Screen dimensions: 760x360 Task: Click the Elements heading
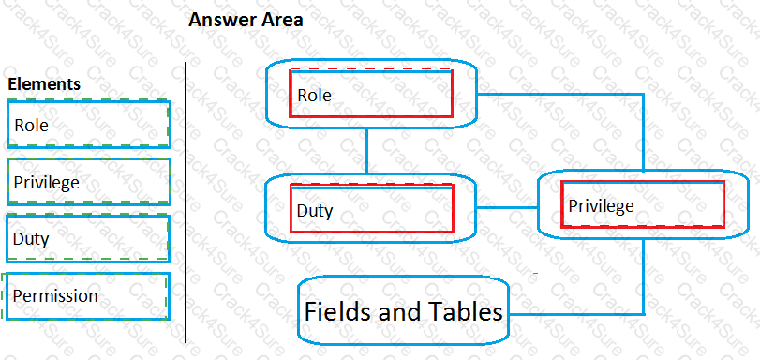tap(44, 84)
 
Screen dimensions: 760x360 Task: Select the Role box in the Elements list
tap(88, 124)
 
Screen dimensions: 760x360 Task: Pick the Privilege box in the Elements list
tap(88, 182)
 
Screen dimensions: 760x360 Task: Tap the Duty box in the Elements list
tap(88, 238)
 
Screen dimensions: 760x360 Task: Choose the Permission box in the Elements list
tap(88, 296)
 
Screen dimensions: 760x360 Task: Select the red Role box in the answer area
tap(371, 94)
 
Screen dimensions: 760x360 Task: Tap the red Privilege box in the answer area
tap(643, 205)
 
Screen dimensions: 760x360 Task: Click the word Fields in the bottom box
tap(337, 311)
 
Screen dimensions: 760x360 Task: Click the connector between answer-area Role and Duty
tap(367, 150)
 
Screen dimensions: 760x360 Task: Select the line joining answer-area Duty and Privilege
tap(508, 207)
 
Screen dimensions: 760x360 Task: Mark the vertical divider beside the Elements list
tap(186, 202)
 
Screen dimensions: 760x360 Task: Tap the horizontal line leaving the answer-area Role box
tap(562, 94)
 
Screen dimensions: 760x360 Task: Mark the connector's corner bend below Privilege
tap(644, 311)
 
